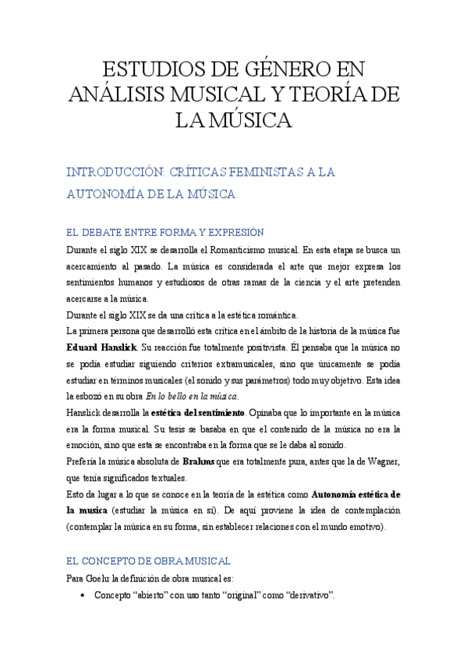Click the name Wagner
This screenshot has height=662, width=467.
tap(377, 461)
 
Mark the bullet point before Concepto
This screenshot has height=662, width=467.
tap(83, 596)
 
